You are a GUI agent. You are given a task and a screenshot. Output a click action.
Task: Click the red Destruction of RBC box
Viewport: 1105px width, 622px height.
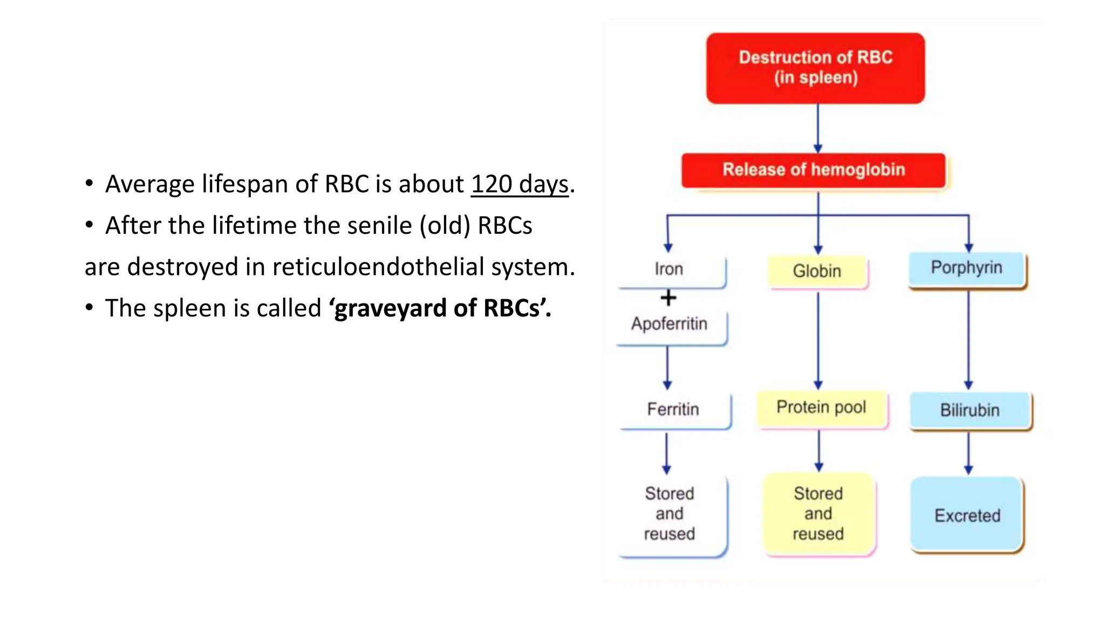(x=815, y=68)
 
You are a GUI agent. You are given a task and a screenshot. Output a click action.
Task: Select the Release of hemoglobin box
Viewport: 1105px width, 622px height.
(x=813, y=170)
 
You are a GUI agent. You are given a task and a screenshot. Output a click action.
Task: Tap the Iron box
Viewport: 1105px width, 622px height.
(x=670, y=269)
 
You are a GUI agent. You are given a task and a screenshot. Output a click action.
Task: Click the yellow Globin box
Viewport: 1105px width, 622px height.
(x=817, y=271)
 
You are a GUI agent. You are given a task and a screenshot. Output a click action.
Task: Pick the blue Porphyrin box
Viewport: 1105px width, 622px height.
(x=966, y=268)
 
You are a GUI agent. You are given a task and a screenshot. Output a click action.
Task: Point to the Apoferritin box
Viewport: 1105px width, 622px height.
(x=670, y=324)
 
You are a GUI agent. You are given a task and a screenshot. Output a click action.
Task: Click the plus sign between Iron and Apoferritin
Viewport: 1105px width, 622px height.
(x=668, y=298)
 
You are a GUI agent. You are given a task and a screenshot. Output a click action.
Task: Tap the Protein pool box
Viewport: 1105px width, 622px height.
(x=821, y=408)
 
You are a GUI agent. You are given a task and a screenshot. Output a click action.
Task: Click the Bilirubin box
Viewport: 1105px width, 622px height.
(x=970, y=410)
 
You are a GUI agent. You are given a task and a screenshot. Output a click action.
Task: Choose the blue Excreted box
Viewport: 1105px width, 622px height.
(x=967, y=515)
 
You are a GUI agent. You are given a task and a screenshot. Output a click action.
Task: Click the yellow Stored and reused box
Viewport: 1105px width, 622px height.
(x=818, y=513)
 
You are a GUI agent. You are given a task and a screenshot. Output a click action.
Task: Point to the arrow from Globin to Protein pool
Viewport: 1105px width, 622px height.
(x=818, y=340)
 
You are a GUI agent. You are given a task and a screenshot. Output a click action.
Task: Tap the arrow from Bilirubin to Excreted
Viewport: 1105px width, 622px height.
(x=968, y=454)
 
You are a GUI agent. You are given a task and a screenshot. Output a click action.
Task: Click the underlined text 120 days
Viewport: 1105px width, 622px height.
(x=520, y=185)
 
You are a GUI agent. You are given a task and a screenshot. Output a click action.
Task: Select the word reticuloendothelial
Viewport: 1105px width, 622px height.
(x=378, y=267)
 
